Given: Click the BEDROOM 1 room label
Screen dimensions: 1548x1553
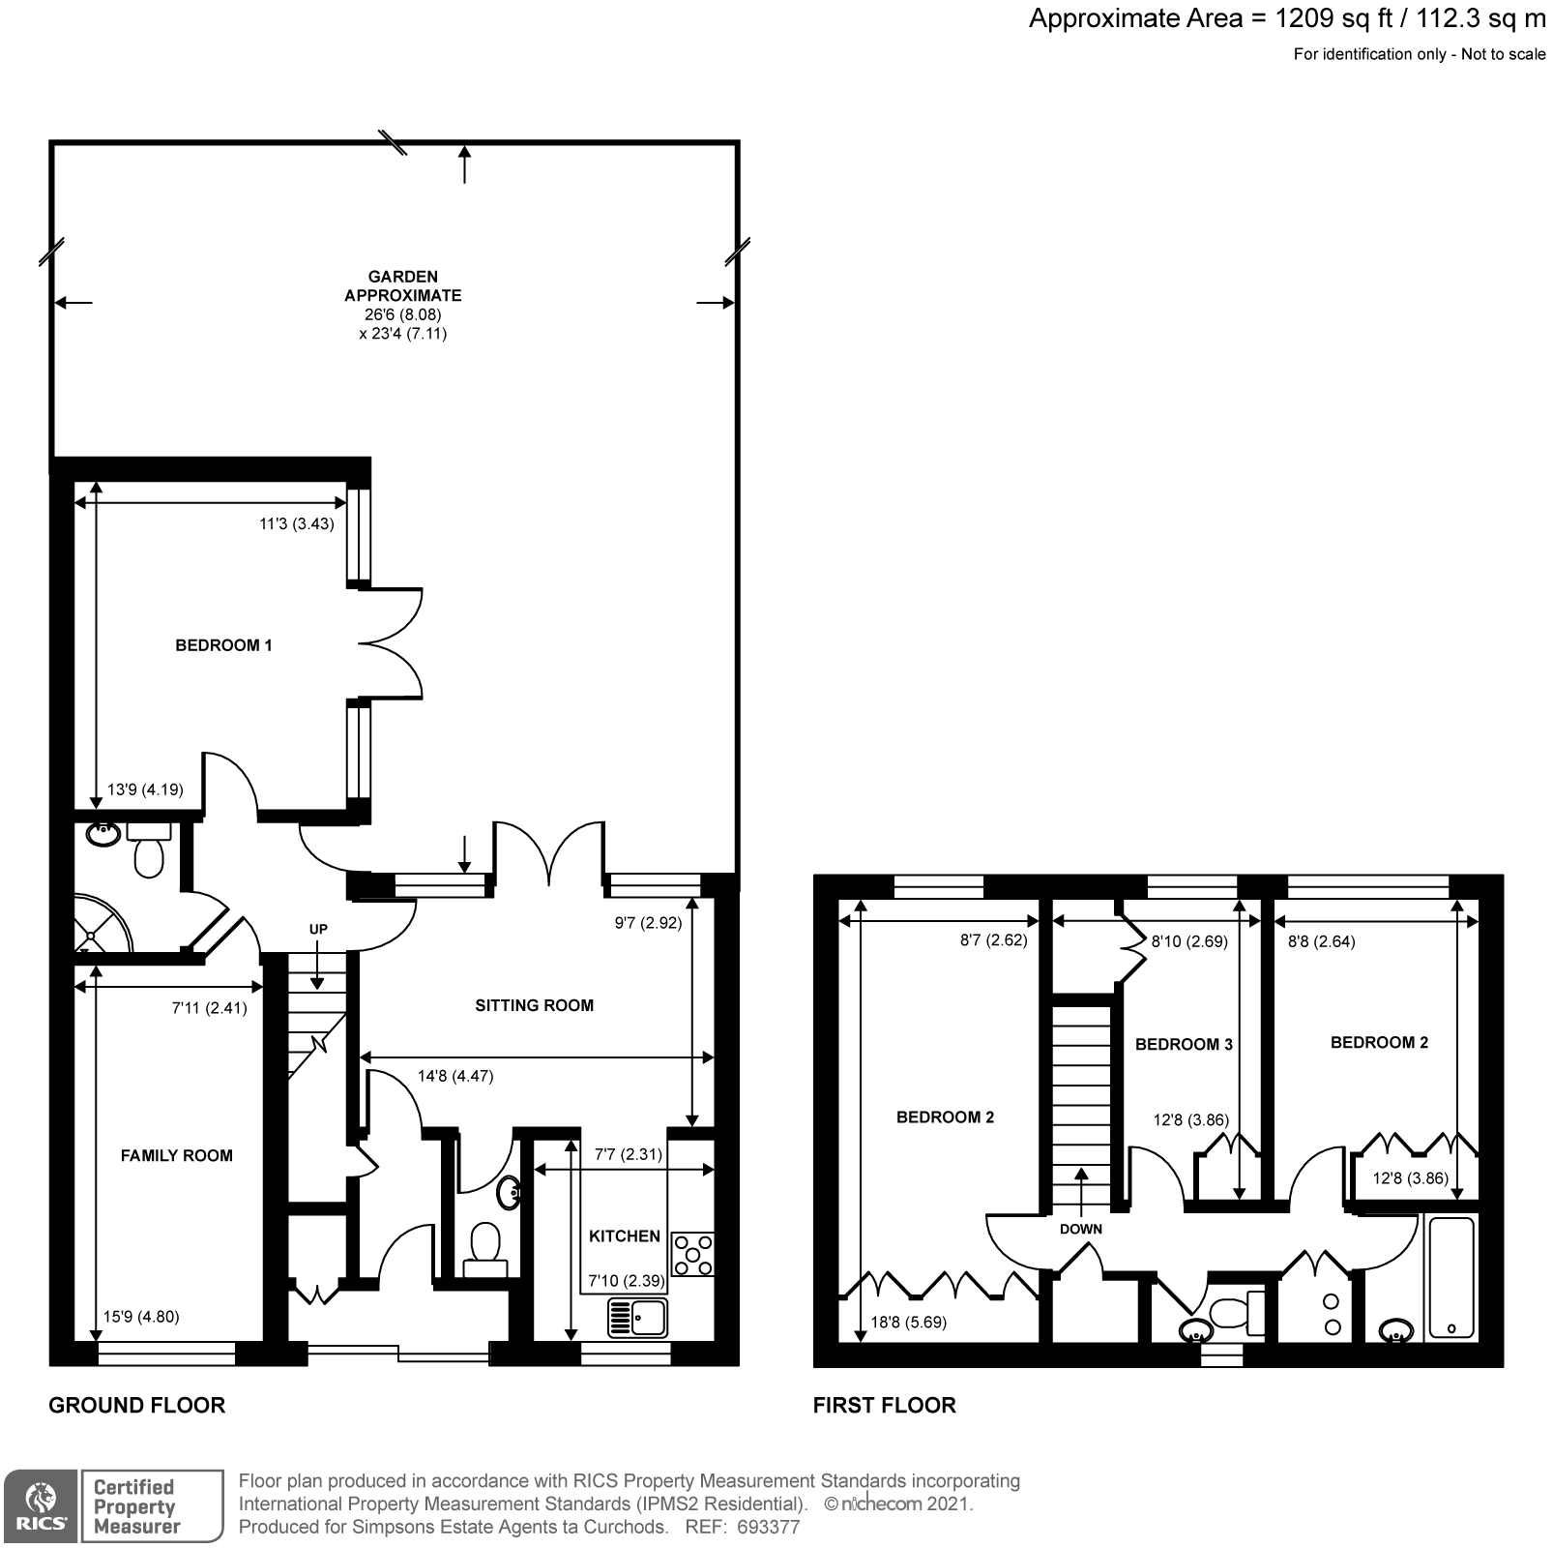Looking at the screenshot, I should pyautogui.click(x=223, y=645).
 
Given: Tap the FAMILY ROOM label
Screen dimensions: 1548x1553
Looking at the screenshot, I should pyautogui.click(x=176, y=1155).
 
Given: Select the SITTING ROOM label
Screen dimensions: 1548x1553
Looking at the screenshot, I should pyautogui.click(x=534, y=1005).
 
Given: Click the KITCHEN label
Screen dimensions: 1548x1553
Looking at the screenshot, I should pyautogui.click(x=625, y=1235).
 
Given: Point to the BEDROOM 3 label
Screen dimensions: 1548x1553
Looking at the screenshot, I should pyautogui.click(x=1184, y=1044).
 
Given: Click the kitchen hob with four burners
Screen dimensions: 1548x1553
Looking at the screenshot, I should pyautogui.click(x=692, y=1255).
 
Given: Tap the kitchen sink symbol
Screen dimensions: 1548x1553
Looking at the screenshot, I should pyautogui.click(x=637, y=1317).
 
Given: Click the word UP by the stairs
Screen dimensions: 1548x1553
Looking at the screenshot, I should pyautogui.click(x=318, y=929).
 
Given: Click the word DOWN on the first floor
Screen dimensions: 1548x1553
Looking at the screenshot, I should pyautogui.click(x=1080, y=1229).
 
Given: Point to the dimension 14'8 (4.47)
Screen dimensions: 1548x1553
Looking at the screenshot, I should pyautogui.click(x=455, y=1076).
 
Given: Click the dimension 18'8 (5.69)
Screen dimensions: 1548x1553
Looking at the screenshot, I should pyautogui.click(x=909, y=1322).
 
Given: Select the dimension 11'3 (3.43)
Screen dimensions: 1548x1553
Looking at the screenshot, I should pyautogui.click(x=296, y=524).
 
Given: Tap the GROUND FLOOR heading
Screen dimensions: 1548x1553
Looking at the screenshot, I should pyautogui.click(x=136, y=1405).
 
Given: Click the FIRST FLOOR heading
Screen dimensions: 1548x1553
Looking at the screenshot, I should pyautogui.click(x=884, y=1405).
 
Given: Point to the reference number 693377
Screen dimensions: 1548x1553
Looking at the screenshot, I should pyautogui.click(x=768, y=1528).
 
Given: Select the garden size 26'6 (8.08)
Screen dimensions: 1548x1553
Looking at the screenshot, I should pyautogui.click(x=402, y=314).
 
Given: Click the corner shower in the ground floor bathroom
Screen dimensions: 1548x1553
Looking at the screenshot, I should pyautogui.click(x=99, y=927).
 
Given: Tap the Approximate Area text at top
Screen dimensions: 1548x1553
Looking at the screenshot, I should pyautogui.click(x=1286, y=18).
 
